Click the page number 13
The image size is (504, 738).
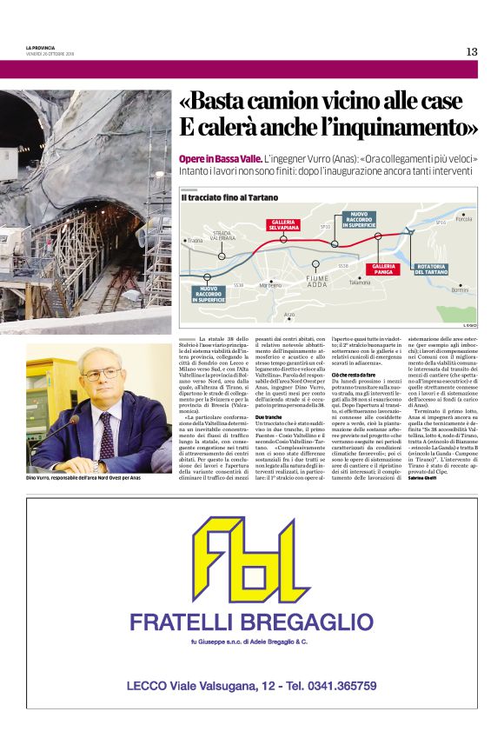(471, 51)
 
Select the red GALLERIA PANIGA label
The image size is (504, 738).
(384, 268)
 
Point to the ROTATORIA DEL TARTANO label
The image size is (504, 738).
(430, 269)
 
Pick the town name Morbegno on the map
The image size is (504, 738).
(270, 285)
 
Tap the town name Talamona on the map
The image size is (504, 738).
(360, 283)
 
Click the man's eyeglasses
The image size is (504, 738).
(103, 375)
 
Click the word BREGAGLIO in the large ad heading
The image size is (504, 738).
(301, 622)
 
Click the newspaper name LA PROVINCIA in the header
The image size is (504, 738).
(40, 48)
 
